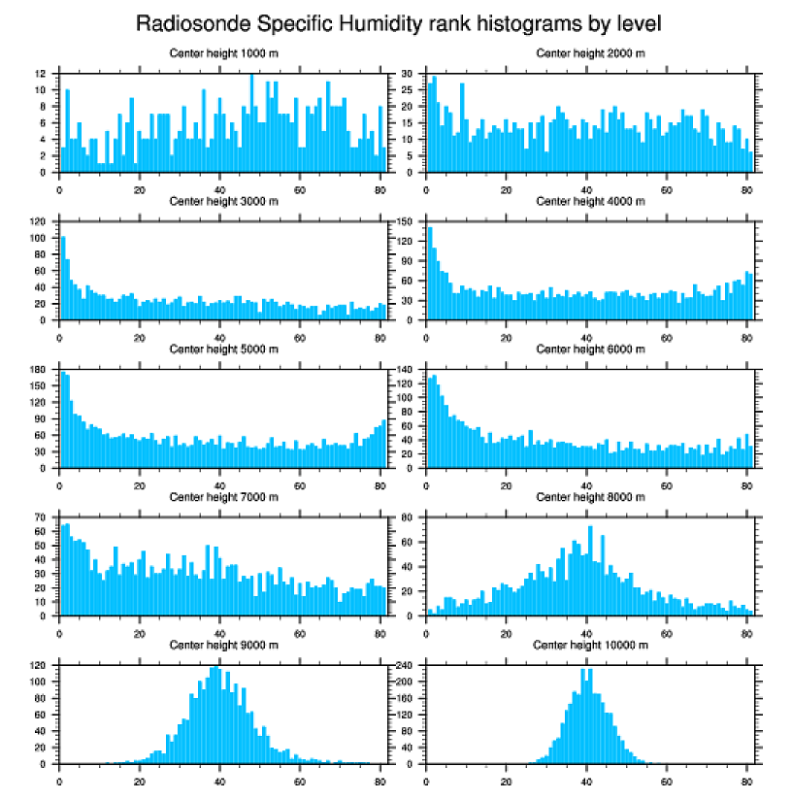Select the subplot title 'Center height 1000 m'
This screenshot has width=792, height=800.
pyautogui.click(x=224, y=53)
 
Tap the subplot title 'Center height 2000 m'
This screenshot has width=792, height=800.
pyautogui.click(x=590, y=53)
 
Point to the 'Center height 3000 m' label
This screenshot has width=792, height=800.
pyautogui.click(x=224, y=201)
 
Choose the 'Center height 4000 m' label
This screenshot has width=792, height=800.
pyautogui.click(x=590, y=201)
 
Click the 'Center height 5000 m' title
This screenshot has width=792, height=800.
pyautogui.click(x=224, y=349)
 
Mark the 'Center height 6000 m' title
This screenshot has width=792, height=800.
pyautogui.click(x=590, y=349)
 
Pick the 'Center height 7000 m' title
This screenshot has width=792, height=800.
pyautogui.click(x=224, y=496)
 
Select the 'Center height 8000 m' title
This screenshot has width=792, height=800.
pyautogui.click(x=590, y=496)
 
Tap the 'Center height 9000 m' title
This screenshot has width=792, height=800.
pyautogui.click(x=224, y=644)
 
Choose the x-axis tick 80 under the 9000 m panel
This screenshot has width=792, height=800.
pyautogui.click(x=379, y=779)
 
